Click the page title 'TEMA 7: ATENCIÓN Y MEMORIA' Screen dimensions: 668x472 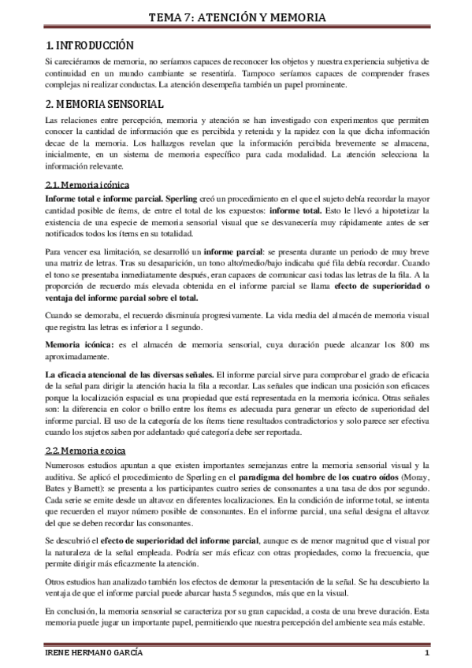tap(236, 17)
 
